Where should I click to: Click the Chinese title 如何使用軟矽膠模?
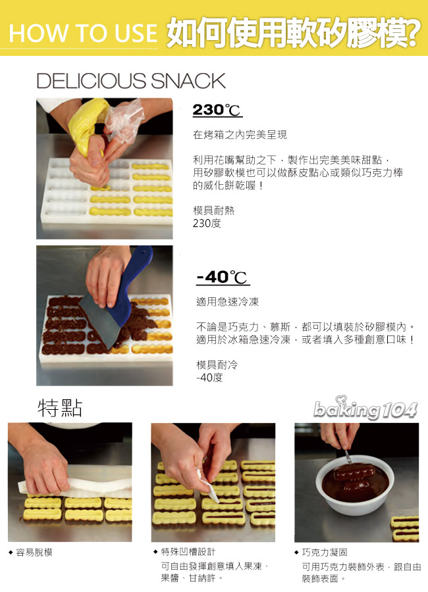pos(292,31)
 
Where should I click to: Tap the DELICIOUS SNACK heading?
pos(131,81)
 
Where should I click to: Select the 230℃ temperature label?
pos(217,110)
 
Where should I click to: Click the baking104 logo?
pos(365,409)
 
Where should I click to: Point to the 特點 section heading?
pos(60,408)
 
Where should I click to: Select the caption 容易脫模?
pos(34,553)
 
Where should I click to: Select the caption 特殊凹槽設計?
pos(188,552)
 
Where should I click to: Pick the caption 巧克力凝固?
pos(325,552)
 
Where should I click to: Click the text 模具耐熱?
pos(213,210)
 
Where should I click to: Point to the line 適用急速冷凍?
pos(227,301)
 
